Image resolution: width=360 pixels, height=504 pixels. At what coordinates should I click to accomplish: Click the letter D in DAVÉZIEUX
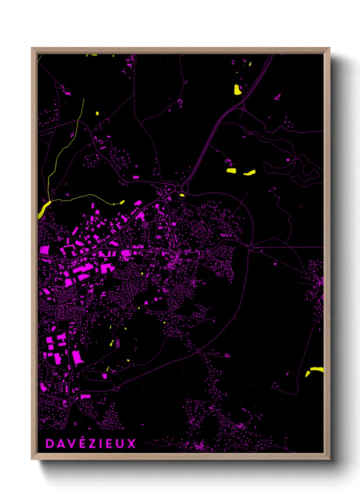pyautogui.click(x=49, y=443)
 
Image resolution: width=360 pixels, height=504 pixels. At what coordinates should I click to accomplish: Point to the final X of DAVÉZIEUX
pyautogui.click(x=131, y=443)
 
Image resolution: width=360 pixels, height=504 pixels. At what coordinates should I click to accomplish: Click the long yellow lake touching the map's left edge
pyautogui.click(x=44, y=209)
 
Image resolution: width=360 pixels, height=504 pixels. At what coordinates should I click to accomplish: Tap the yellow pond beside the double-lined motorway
pyautogui.click(x=238, y=90)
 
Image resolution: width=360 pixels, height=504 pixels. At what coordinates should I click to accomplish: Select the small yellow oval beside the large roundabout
pyautogui.click(x=182, y=195)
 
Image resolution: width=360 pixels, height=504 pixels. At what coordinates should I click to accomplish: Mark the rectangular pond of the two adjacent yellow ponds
pyautogui.click(x=231, y=171)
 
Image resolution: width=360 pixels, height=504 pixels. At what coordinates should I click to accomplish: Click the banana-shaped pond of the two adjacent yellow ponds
pyautogui.click(x=249, y=173)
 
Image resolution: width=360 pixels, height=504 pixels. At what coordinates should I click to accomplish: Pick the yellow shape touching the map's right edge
pyautogui.click(x=316, y=369)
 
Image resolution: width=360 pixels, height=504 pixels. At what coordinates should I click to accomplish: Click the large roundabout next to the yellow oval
pyautogui.click(x=178, y=188)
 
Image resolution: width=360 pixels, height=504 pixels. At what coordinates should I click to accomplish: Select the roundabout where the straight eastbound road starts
pyautogui.click(x=251, y=248)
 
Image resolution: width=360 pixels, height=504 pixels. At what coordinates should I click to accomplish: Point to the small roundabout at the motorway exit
pyautogui.click(x=243, y=109)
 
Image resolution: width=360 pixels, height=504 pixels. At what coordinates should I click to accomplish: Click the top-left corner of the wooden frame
pyautogui.click(x=32, y=48)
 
